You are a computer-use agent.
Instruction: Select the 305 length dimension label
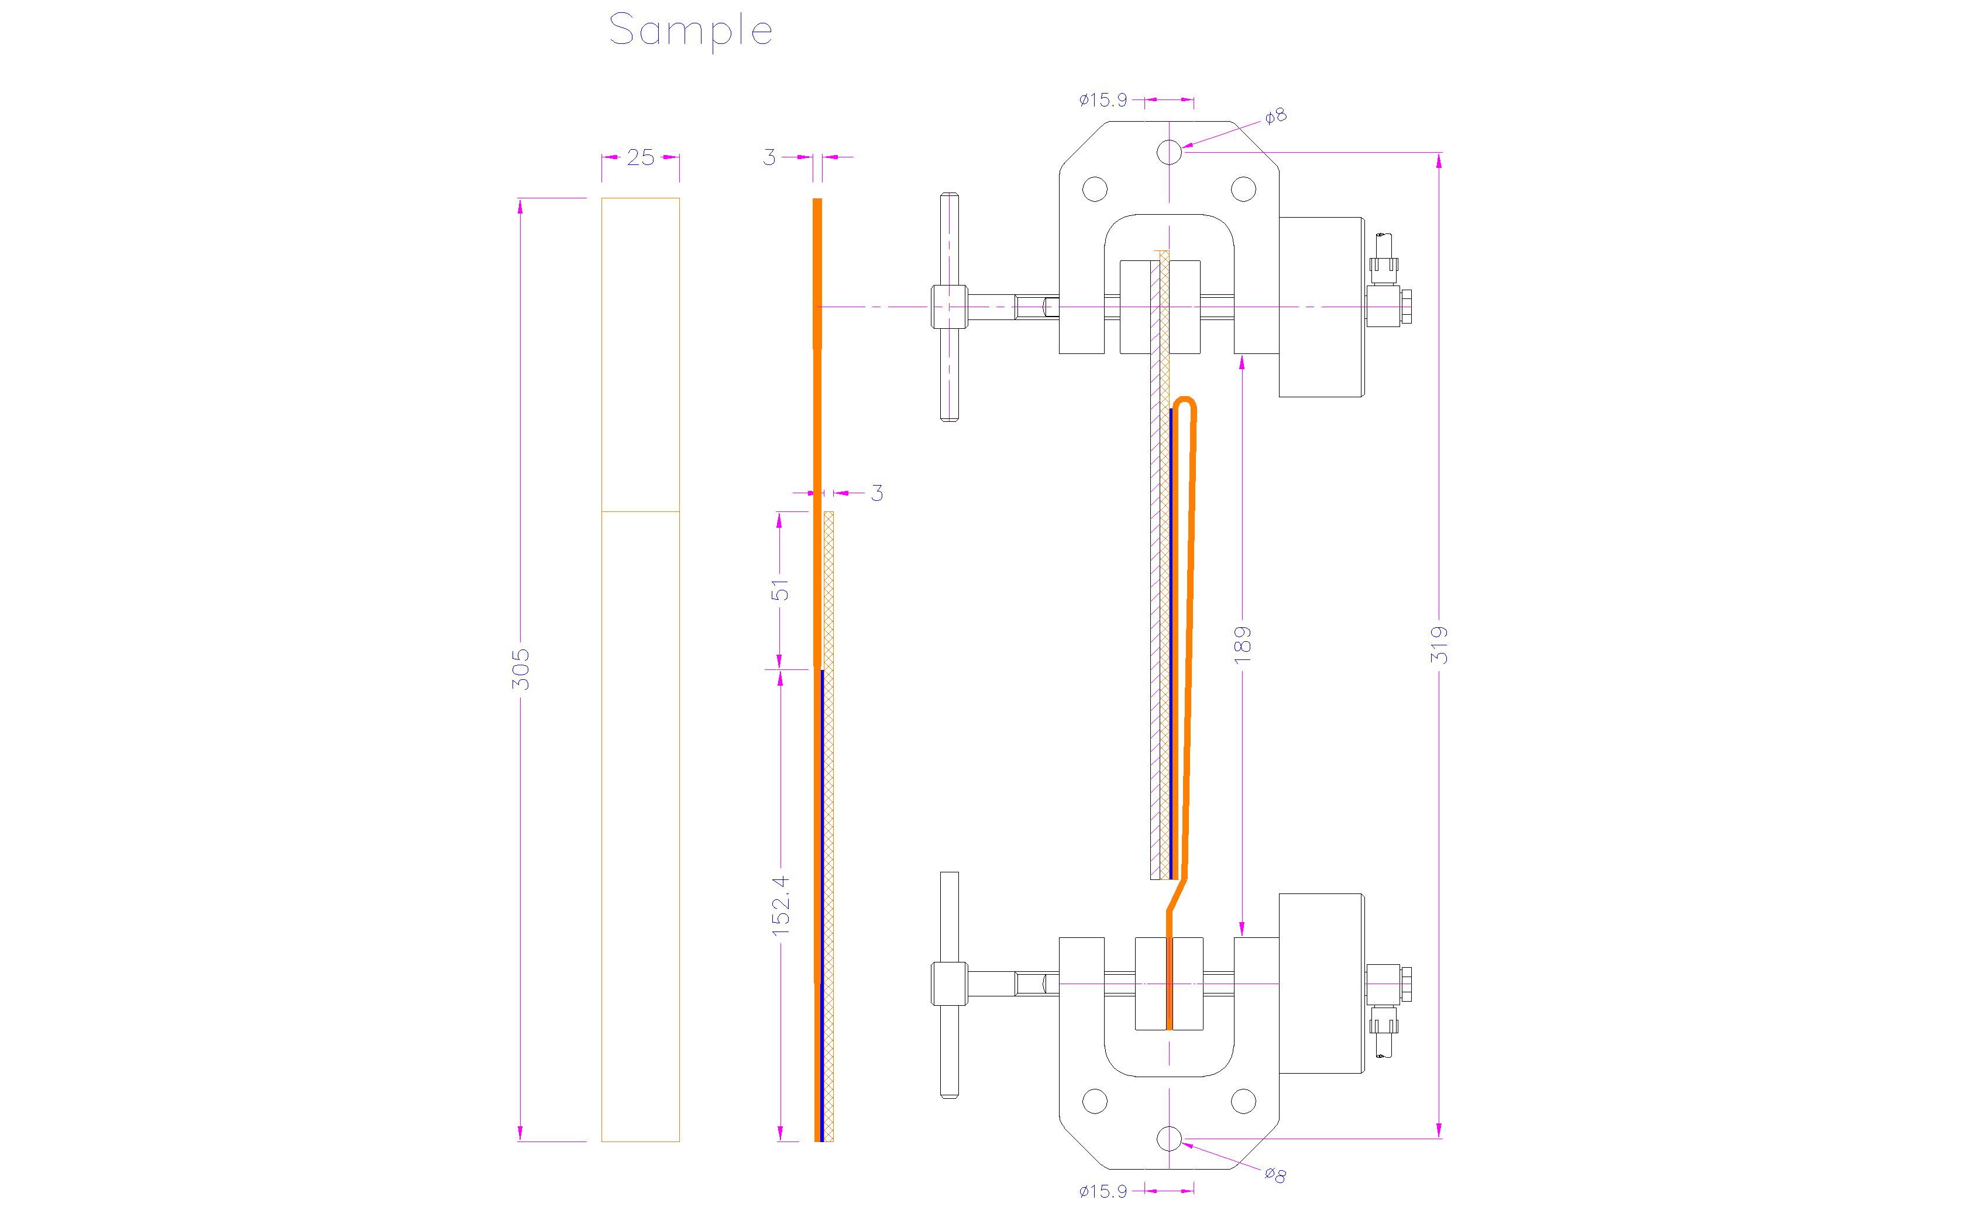click(x=521, y=669)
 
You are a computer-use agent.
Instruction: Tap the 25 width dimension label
click(x=640, y=158)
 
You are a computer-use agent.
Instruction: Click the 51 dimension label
click(x=780, y=590)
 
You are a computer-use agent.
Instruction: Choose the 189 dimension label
click(x=1243, y=644)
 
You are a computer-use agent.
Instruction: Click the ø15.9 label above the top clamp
click(x=1102, y=101)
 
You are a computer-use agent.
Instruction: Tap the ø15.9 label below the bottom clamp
click(x=1102, y=1191)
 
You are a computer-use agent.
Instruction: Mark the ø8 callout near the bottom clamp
click(x=1275, y=1175)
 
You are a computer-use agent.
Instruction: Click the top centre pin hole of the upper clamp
click(x=1169, y=152)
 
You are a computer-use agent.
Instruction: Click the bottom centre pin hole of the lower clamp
click(x=1169, y=1139)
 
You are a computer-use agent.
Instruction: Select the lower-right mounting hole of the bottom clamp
click(x=1243, y=1101)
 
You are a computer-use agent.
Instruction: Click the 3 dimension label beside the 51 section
click(x=877, y=493)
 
